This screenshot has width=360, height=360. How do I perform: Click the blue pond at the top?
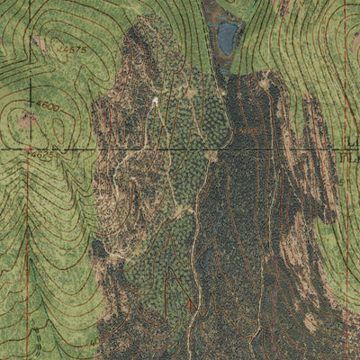coord(227,37)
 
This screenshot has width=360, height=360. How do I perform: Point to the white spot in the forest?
coord(155,102)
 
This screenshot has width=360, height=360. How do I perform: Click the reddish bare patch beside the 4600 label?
coord(27,117)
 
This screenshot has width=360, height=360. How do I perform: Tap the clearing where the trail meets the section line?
coord(211,156)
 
